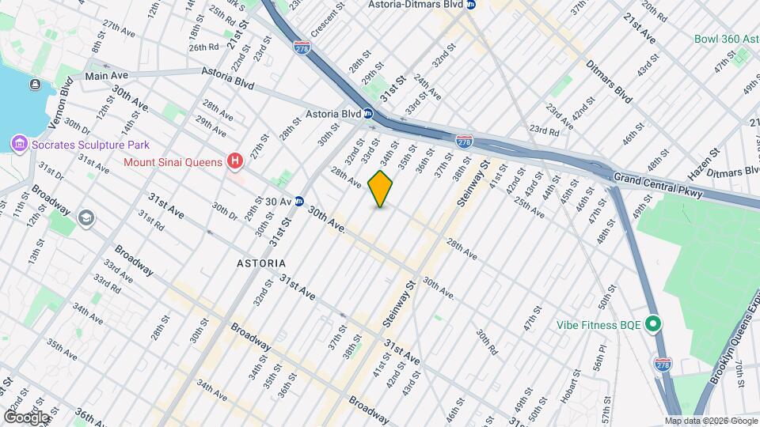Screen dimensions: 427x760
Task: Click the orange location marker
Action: click(381, 188)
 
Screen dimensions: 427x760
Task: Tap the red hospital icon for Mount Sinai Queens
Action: click(234, 162)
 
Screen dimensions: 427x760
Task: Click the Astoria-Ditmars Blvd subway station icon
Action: click(471, 5)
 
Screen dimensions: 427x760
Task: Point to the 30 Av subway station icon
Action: click(299, 202)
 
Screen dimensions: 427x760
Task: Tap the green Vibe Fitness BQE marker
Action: click(653, 324)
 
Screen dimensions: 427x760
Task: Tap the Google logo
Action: click(25, 417)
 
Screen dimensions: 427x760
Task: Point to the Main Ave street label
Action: click(106, 76)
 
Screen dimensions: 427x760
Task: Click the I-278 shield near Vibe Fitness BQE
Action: click(663, 365)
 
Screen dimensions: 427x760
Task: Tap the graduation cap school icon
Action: click(86, 217)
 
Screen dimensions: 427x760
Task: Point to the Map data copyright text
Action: click(710, 421)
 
